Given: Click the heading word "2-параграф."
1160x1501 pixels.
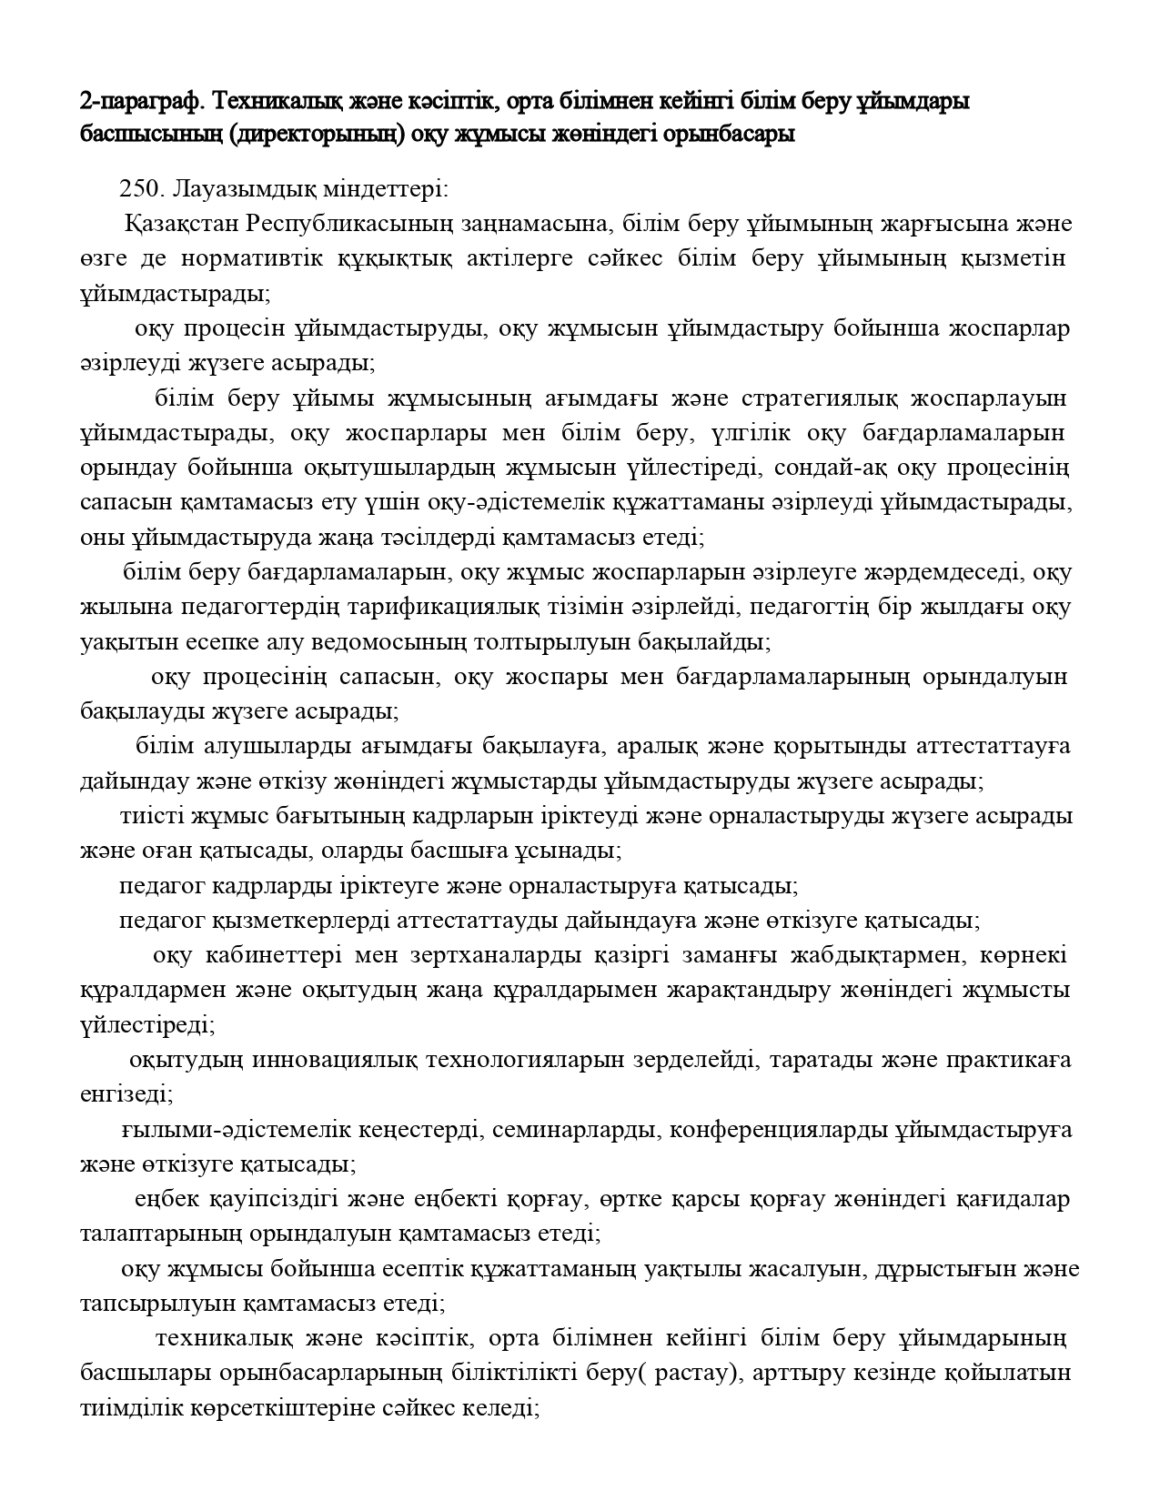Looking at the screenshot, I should [134, 101].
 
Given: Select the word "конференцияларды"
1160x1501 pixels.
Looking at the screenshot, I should [779, 1130].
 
